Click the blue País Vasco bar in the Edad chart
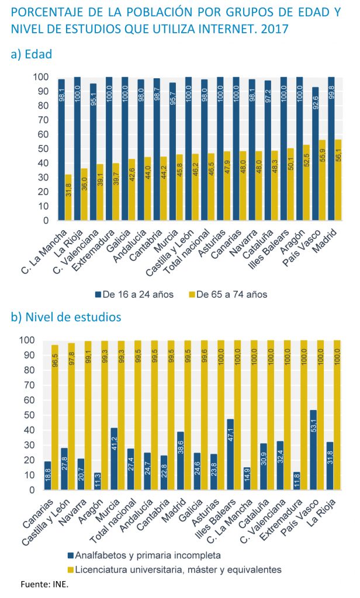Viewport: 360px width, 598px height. [315, 154]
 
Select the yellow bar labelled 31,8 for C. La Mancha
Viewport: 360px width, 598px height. [68, 197]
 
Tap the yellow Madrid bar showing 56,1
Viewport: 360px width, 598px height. [338, 180]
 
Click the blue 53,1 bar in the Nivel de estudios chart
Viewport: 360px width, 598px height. [313, 450]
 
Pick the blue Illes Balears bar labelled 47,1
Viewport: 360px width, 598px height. [230, 454]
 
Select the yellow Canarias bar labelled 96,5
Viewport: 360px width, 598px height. [55, 418]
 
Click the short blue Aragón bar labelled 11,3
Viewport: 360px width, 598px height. [98, 482]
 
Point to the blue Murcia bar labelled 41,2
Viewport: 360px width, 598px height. [114, 459]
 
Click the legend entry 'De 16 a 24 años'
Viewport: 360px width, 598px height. [134, 294]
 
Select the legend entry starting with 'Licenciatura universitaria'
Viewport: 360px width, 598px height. [175, 570]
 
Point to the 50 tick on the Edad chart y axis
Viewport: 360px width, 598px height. [43, 149]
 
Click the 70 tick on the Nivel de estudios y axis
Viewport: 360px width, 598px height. [29, 385]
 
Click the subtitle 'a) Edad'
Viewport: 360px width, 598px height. [32, 54]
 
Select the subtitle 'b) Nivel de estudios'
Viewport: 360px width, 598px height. [66, 317]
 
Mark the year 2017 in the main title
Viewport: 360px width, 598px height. [275, 29]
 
